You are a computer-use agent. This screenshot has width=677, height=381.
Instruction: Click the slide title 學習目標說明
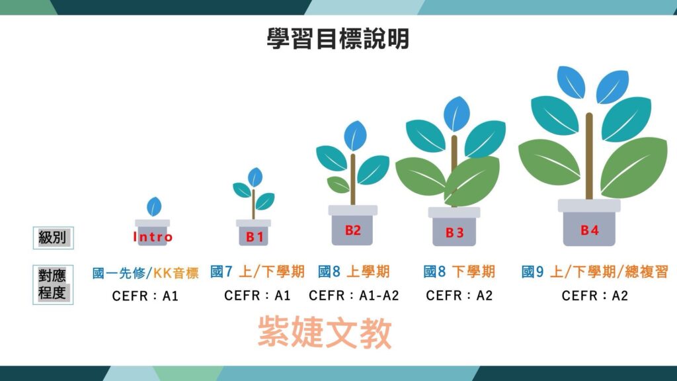[x=338, y=39]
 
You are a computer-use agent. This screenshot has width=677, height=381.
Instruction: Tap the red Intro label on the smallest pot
[x=153, y=237]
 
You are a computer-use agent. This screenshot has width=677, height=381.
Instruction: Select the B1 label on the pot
[x=255, y=237]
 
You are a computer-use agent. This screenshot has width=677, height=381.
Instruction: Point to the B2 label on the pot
[x=353, y=230]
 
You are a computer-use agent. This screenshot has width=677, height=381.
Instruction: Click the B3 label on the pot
[x=454, y=233]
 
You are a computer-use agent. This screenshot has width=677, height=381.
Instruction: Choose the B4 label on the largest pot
[x=589, y=230]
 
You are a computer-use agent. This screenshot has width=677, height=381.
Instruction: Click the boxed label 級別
[x=53, y=237]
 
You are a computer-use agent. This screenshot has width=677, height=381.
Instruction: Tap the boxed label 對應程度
[x=53, y=284]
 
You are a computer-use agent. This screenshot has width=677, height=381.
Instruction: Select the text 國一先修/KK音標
[x=145, y=273]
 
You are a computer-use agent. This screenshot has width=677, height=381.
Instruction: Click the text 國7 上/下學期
[x=257, y=272]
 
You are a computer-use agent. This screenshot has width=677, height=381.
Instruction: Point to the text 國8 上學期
[x=354, y=272]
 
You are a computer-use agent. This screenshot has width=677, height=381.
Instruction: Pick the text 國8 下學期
[x=459, y=272]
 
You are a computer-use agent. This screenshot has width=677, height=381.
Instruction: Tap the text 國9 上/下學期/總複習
[x=594, y=272]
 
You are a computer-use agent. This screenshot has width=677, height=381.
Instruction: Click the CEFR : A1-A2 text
[x=354, y=296]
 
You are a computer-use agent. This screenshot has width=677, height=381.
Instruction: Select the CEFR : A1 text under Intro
[x=145, y=296]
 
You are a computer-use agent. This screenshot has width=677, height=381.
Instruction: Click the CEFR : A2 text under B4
[x=594, y=296]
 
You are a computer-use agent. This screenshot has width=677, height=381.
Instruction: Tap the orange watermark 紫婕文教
[x=325, y=332]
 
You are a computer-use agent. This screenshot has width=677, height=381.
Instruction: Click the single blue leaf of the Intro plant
[x=154, y=206]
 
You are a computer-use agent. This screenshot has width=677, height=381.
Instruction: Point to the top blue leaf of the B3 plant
[x=457, y=114]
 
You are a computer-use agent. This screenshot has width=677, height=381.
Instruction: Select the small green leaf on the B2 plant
[x=338, y=185]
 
